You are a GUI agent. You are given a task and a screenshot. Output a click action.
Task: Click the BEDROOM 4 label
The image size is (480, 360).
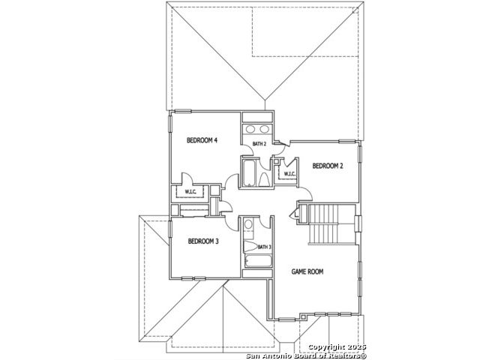202,140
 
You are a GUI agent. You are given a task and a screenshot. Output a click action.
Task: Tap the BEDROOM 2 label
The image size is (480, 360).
328,166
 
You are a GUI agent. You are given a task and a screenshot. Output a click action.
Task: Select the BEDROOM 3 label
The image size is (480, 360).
203,241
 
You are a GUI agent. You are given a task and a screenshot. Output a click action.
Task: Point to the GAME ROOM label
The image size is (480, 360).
307,271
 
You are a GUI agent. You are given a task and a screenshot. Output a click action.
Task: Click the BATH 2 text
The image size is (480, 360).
259,144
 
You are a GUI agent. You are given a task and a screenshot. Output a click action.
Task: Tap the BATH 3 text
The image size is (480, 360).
264,247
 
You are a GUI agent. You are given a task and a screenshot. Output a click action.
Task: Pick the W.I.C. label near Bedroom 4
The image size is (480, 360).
190,192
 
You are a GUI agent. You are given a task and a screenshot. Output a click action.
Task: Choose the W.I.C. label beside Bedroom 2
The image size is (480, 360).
289,174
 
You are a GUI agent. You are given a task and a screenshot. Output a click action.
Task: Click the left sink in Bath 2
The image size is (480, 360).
250,129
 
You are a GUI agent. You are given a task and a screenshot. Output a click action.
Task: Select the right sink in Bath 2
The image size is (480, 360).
264,129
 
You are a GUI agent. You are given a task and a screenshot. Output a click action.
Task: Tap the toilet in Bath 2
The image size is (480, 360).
264,180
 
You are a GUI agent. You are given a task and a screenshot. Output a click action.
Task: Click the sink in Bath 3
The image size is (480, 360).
248,224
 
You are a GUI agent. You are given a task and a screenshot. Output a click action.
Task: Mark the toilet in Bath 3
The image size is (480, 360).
250,247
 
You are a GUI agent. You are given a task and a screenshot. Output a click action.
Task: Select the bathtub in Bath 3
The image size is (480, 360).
258,261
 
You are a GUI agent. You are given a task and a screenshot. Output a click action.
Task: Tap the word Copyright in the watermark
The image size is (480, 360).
326,347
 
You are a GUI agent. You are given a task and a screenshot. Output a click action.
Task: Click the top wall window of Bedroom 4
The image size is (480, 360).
183,112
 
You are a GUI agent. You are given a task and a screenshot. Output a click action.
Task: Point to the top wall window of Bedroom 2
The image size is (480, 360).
347,142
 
